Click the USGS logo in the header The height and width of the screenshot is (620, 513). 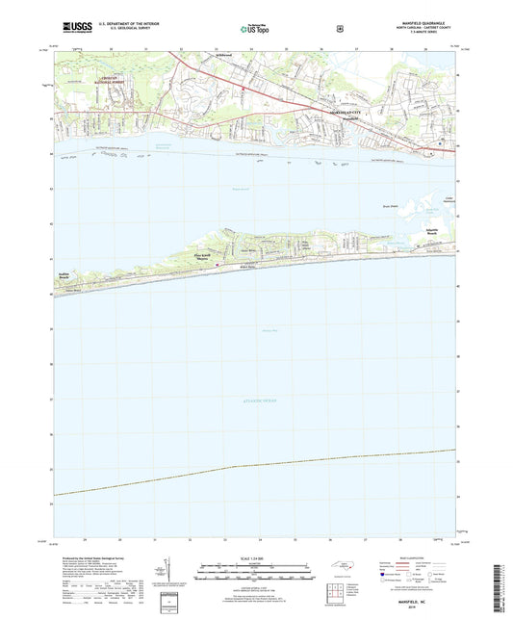73,30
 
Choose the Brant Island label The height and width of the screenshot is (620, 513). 391,206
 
